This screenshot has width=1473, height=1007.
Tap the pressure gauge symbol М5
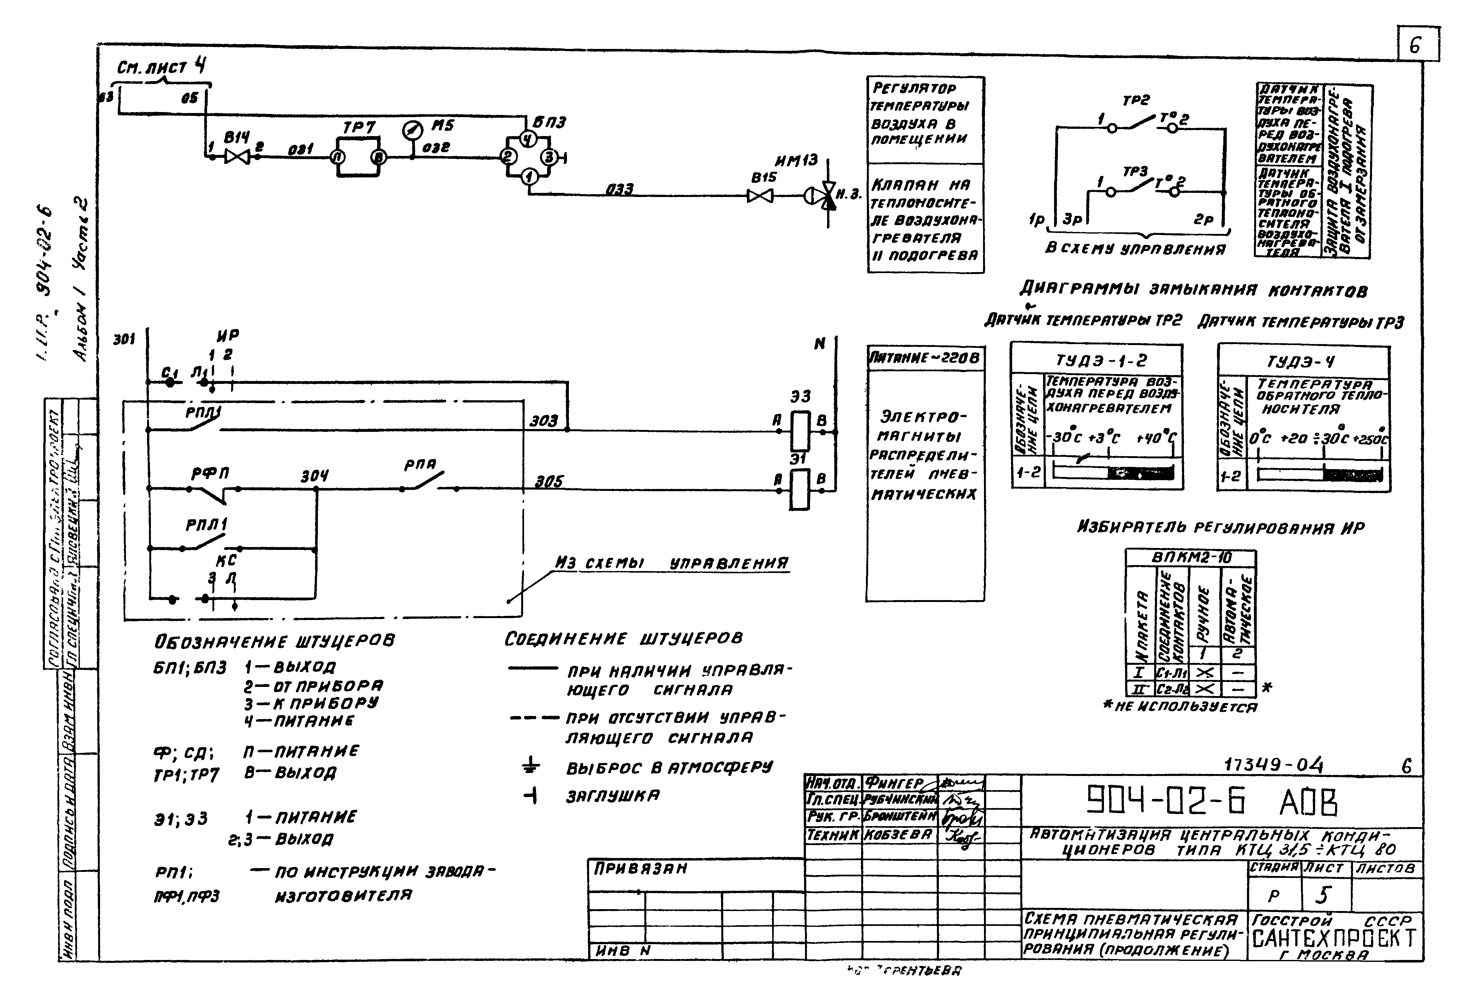[x=413, y=131]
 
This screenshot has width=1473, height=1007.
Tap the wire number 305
[x=549, y=482]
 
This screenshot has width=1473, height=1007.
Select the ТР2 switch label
[x=1136, y=100]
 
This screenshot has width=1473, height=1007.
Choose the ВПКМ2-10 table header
[x=1190, y=558]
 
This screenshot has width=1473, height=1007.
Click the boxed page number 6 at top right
[x=1417, y=45]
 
